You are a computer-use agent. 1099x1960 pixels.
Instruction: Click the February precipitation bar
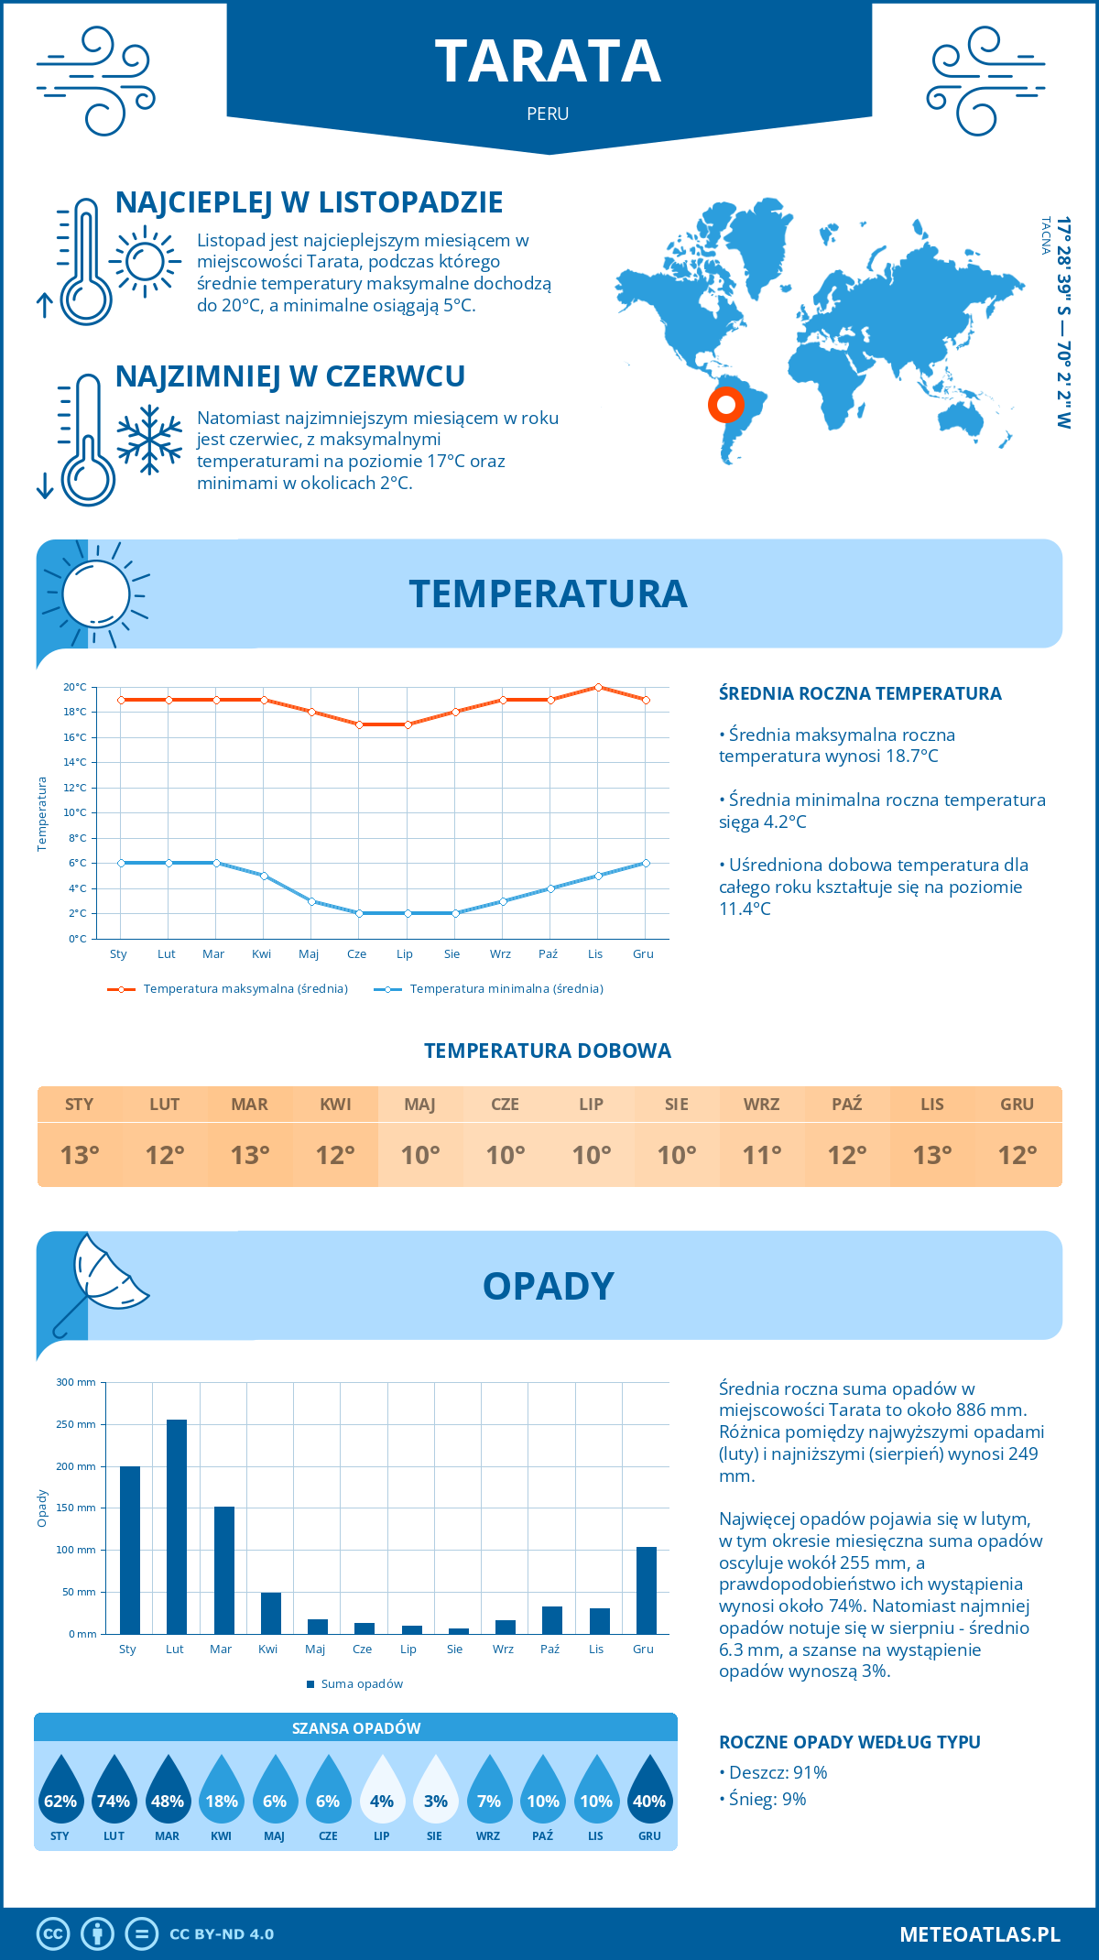coord(177,1527)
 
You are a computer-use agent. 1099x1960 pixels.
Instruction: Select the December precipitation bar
coord(647,1590)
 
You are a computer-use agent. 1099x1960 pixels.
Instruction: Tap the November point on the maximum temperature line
coord(598,687)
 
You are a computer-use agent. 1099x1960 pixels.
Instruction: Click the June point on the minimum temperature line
coord(359,913)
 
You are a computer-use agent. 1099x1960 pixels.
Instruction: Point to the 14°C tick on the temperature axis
coord(75,762)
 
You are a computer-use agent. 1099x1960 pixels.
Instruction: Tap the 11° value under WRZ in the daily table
coord(761,1155)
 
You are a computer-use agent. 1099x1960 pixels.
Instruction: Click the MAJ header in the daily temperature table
coord(420,1105)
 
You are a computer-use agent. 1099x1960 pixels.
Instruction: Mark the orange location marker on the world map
coord(726,404)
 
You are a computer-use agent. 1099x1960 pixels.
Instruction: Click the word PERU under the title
coord(548,114)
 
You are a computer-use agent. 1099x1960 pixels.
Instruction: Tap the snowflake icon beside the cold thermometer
coord(149,440)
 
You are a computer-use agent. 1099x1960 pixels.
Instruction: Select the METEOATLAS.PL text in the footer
coord(980,1934)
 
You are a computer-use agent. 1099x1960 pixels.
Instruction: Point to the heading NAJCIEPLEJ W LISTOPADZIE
coord(310,202)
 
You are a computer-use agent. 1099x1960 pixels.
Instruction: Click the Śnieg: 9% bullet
coord(763,1799)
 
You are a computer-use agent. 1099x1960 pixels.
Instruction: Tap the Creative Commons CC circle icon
coord(53,1934)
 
